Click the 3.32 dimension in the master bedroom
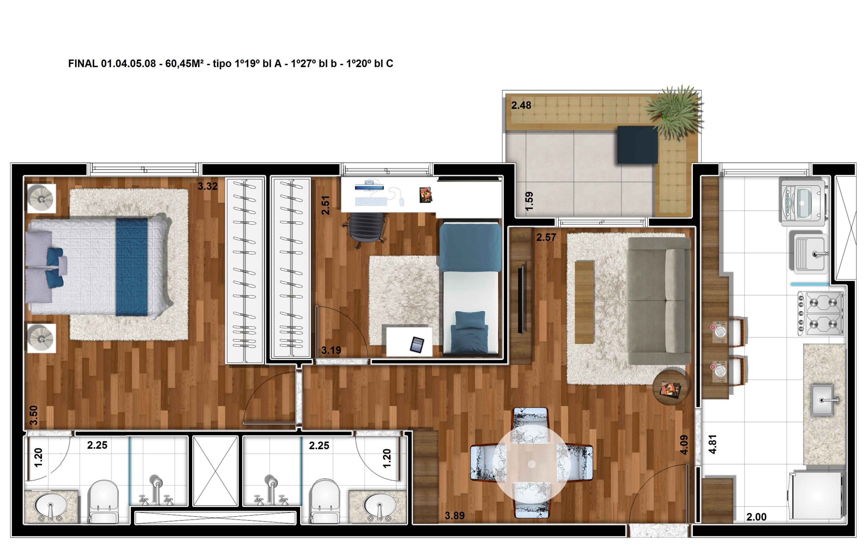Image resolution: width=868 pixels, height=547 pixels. tap(207, 186)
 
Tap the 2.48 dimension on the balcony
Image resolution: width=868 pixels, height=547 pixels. tap(521, 105)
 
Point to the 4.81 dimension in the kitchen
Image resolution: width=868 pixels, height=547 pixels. tap(712, 444)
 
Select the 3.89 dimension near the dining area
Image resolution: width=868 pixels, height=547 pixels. tap(454, 515)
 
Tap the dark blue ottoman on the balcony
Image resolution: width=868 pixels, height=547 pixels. tap(637, 144)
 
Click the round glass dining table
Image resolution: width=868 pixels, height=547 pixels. tap(531, 463)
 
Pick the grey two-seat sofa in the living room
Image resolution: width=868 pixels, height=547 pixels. tap(659, 301)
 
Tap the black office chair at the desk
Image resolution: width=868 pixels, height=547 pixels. tap(365, 229)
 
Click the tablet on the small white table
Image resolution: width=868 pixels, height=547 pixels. tap(417, 344)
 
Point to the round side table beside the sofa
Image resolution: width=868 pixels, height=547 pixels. tap(671, 387)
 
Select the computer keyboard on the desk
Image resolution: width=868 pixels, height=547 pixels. tap(371, 201)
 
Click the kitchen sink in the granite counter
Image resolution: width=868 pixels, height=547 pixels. tap(823, 400)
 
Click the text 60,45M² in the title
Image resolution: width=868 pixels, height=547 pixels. tap(184, 64)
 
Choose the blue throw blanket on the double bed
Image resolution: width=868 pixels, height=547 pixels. tap(132, 267)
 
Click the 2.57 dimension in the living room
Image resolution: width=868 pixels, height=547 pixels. tap(546, 238)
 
